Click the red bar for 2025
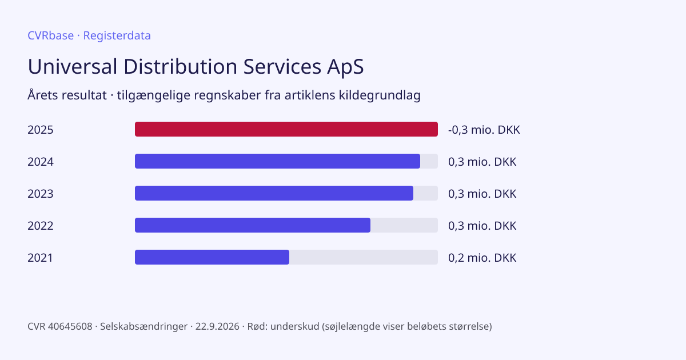pos(286,129)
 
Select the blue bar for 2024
pos(277,161)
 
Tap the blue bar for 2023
pos(274,193)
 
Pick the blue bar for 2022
pos(253,225)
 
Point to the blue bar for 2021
pos(212,257)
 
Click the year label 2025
pos(41,130)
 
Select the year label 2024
pos(41,162)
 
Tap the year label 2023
pos(41,194)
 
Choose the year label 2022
pos(41,226)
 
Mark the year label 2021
pos(40,258)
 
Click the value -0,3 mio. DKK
pos(484,130)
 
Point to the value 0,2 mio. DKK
pos(482,258)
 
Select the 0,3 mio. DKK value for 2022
pos(482,226)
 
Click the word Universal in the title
pos(72,66)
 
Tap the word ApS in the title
pos(345,67)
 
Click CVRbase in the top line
pos(50,35)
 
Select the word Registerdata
pos(117,36)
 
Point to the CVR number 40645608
pos(70,326)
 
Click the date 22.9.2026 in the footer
pos(217,326)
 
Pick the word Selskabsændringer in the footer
pos(143,327)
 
